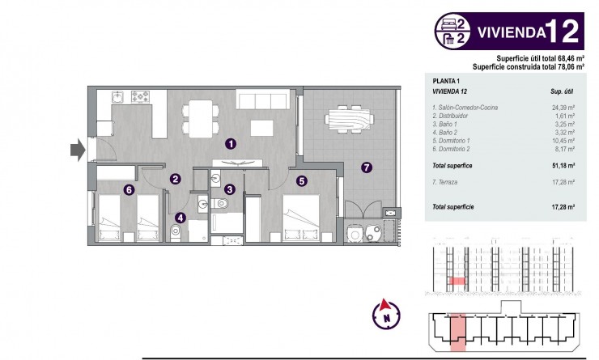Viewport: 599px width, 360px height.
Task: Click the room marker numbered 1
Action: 231,144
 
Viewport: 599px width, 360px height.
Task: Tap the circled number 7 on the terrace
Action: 367,167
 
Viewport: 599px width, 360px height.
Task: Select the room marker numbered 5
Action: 301,182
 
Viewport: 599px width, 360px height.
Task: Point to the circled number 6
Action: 129,189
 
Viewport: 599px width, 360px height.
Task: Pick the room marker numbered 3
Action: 230,189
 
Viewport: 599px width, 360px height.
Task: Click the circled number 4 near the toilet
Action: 180,217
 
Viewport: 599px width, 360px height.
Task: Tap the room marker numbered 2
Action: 174,179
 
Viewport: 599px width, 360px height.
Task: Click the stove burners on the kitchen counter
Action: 142,98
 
